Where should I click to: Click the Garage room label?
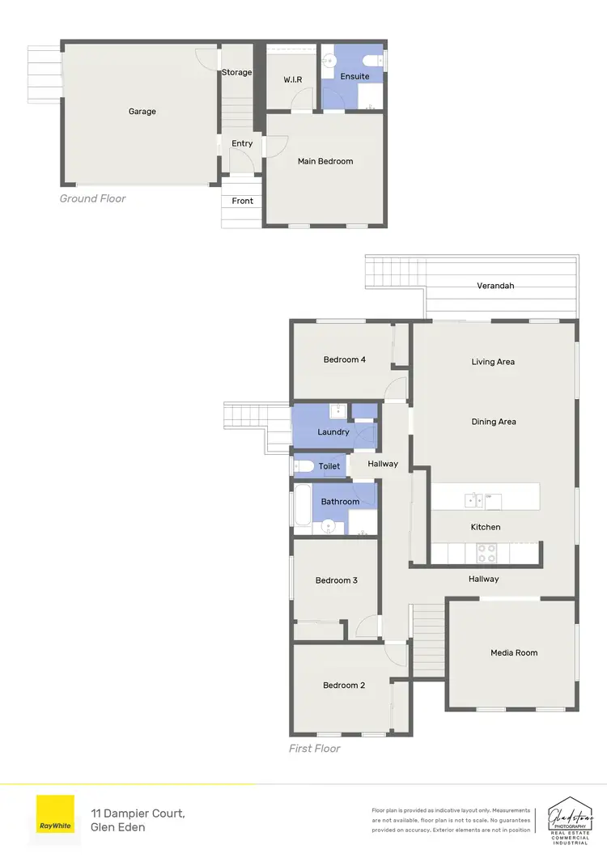pos(142,112)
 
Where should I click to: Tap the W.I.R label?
pos(292,79)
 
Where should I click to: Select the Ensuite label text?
pos(354,77)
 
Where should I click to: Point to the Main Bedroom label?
pos(325,161)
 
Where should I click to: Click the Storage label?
pos(237,72)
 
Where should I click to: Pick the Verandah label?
pos(495,286)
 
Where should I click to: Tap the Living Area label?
pos(493,362)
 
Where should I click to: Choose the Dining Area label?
pos(494,422)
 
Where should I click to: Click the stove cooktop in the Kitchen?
pos(486,553)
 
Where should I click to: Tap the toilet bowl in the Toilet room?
pos(303,466)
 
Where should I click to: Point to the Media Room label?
pos(514,652)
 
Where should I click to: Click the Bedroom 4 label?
pos(344,359)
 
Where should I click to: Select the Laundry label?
pos(333,432)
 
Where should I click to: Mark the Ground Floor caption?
pos(92,198)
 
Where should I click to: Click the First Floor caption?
pos(314,749)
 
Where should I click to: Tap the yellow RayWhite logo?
pos(55,814)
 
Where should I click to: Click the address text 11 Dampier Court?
pos(138,812)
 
